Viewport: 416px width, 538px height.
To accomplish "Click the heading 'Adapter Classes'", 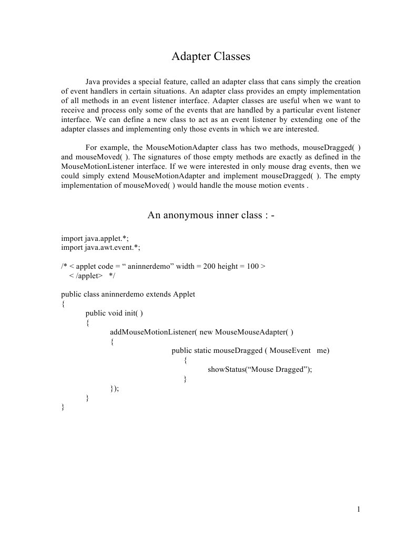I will (210, 56).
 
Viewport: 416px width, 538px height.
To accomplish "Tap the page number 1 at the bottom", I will (358, 509).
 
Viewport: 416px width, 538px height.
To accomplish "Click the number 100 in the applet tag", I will (252, 266).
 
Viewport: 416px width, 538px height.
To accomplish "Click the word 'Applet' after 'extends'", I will (184, 295).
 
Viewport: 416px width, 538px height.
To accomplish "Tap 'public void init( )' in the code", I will (114, 313).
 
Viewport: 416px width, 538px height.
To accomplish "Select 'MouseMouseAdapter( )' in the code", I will (254, 332).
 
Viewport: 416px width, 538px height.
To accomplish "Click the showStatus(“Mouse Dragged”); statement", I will (260, 369).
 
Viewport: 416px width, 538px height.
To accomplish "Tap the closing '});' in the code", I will (115, 388).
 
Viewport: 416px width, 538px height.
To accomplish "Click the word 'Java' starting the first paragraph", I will (93, 82).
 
